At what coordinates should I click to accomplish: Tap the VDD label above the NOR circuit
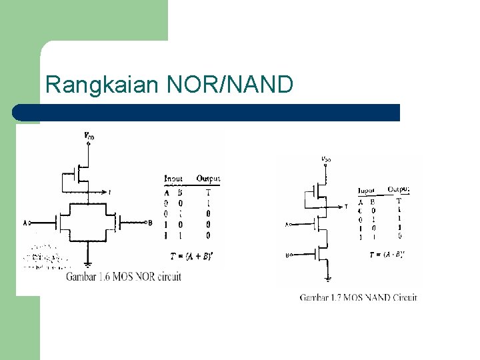point(89,136)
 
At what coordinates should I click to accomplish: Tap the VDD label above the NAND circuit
point(326,159)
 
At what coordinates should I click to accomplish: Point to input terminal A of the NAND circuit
point(287,225)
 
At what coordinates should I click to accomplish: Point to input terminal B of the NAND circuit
point(287,255)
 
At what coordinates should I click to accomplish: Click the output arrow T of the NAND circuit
point(343,207)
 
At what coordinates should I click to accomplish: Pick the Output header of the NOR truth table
point(208,179)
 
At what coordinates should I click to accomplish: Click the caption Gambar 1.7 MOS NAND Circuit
point(358,297)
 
